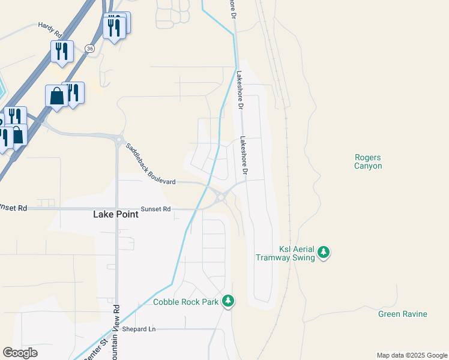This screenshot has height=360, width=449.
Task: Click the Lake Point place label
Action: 116,214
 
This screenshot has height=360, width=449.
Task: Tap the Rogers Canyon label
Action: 368,161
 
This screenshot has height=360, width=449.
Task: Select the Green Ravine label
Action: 402,314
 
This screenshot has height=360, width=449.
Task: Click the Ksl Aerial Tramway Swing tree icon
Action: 324,252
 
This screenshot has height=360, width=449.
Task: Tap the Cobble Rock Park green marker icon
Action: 228,301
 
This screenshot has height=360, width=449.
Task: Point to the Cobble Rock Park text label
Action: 185,302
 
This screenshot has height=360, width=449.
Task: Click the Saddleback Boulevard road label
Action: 151,164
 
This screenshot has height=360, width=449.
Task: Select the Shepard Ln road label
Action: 139,329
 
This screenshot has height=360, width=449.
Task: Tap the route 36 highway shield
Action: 89,47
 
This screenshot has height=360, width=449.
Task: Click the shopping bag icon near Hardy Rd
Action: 56,96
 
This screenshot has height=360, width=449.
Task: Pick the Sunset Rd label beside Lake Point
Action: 156,209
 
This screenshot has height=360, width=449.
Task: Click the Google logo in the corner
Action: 20,353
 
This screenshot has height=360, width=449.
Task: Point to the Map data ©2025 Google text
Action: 411,355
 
